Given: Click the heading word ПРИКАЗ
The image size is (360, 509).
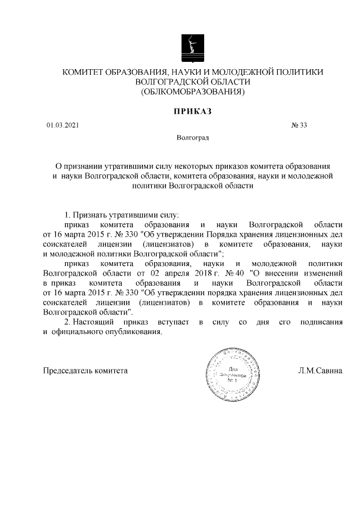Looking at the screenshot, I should [x=192, y=111].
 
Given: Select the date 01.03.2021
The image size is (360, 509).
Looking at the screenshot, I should [x=62, y=125].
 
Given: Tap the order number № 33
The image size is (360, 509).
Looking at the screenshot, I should [x=299, y=125].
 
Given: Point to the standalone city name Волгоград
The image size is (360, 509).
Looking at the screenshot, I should [x=192, y=137].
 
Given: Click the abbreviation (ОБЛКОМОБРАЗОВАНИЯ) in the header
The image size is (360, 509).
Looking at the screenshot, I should [x=192, y=91].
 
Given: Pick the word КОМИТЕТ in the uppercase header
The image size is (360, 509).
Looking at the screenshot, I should [x=84, y=72].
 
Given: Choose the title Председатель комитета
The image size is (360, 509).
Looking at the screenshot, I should [x=85, y=371].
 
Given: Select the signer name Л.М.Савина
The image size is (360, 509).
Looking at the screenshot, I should [x=319, y=371].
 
